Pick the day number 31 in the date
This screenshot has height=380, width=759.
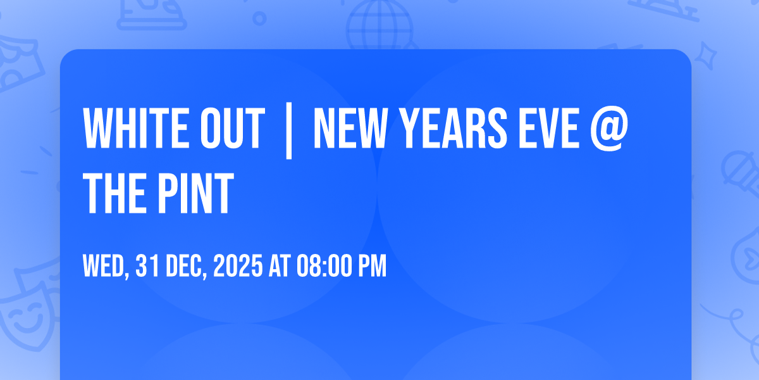(147, 267)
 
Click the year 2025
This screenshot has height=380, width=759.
(237, 267)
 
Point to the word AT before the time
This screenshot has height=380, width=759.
(279, 267)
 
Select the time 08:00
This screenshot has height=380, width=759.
(323, 267)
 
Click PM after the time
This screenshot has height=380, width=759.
(372, 267)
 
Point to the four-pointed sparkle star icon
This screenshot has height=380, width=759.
(708, 53)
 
